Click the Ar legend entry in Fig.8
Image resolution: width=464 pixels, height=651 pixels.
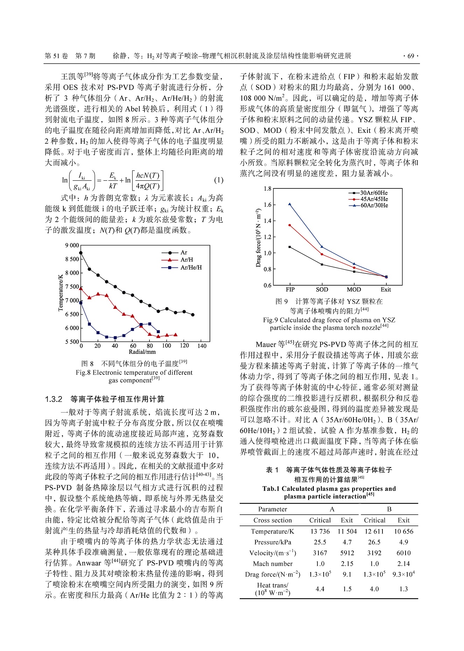(183, 252)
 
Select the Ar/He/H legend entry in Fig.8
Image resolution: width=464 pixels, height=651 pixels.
(191, 267)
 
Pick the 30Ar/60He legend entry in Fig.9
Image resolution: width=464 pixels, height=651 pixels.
(374, 193)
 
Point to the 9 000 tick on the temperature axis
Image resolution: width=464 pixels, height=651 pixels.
(72, 245)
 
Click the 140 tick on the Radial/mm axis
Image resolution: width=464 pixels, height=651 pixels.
(202, 346)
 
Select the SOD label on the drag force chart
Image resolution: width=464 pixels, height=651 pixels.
(322, 289)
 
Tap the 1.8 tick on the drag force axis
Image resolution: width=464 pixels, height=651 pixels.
(267, 189)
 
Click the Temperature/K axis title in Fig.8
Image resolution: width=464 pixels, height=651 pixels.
(61, 293)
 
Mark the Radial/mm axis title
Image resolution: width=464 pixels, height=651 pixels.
(142, 352)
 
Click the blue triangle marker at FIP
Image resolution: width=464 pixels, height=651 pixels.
(290, 204)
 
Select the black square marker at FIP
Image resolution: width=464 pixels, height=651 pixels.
(290, 247)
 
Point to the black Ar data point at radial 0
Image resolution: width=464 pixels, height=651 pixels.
(81, 252)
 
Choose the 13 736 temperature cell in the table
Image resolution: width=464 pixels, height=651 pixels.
(320, 531)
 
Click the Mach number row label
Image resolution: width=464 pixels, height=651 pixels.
(273, 564)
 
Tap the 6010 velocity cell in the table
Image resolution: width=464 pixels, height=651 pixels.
(403, 553)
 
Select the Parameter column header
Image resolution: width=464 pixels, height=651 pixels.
(273, 509)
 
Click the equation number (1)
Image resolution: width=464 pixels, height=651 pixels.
(219, 180)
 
